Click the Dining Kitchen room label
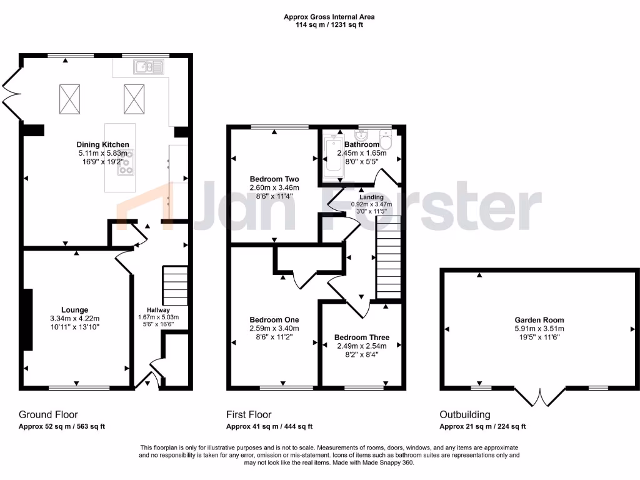103,144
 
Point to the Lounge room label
74,309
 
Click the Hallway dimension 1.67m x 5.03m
154,317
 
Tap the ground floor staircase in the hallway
176,286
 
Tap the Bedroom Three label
361,337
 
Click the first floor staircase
387,262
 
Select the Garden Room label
539,319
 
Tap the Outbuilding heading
464,414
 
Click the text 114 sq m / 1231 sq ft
329,26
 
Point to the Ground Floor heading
48,414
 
